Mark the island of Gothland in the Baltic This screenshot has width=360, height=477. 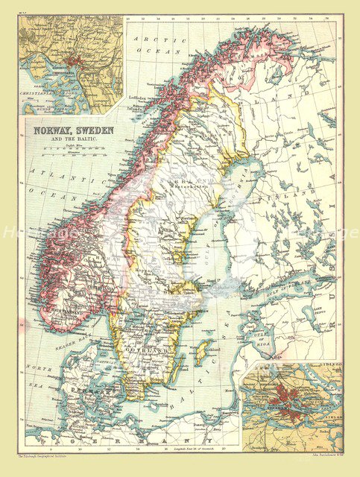pyautogui.click(x=200, y=350)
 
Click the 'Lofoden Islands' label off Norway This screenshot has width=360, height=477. pyautogui.click(x=139, y=99)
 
